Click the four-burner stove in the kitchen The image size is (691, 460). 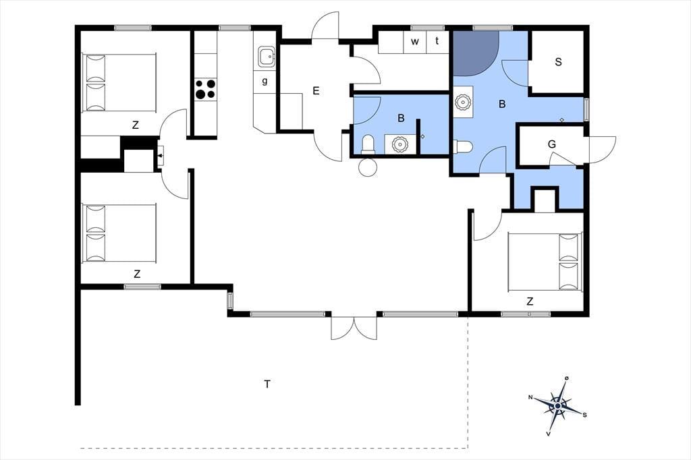coord(206,88)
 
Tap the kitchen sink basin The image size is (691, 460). coord(266,57)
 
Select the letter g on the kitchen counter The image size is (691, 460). coord(265,81)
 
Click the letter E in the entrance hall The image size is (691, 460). coord(316,91)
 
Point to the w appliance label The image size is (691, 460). coord(415,42)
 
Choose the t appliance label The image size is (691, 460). coord(437,41)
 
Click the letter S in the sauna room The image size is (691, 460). coord(558,61)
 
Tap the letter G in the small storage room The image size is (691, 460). coord(552,144)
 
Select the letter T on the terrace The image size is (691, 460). coord(267,384)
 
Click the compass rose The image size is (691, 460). coord(558,405)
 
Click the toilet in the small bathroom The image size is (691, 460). coord(368,145)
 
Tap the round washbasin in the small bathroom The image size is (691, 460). coord(399,144)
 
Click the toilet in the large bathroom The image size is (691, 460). coord(463,146)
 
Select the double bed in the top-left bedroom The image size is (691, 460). coord(119,83)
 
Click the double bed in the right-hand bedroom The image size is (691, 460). coord(545,262)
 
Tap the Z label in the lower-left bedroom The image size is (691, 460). coord(137,274)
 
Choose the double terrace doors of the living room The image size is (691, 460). coord(354,327)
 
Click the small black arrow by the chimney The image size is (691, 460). coord(161,155)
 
